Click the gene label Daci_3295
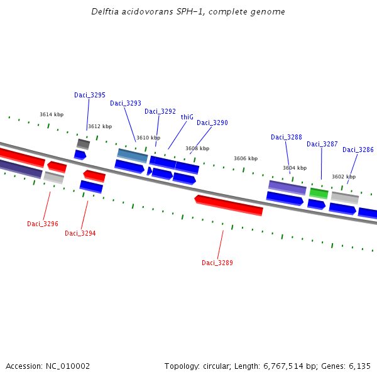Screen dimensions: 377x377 90,95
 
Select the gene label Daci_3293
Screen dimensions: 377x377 126,103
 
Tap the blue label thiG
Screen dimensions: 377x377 187,117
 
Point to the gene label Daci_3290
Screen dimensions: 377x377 212,123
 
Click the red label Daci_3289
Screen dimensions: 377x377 217,263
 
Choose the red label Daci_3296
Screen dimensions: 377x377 43,224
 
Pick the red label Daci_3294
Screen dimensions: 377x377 80,233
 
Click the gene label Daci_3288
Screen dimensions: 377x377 287,137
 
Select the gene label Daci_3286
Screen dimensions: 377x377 358,150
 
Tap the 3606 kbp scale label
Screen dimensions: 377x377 246,158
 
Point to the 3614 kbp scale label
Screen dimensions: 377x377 52,114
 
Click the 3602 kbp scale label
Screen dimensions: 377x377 344,177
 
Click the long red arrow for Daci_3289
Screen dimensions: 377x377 229,205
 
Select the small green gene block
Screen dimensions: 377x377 319,193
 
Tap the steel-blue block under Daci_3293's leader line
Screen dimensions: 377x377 133,155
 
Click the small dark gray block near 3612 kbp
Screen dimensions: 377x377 83,144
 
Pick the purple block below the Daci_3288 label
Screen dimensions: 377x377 287,187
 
